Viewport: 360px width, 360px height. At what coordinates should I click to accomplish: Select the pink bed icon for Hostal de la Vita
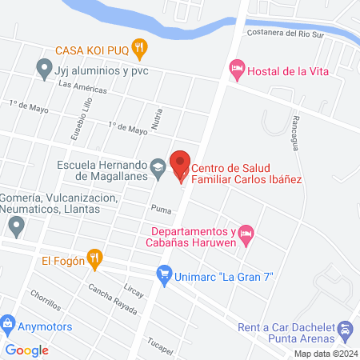click(236, 70)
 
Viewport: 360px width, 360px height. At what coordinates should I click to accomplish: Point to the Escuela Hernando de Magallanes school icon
click(158, 166)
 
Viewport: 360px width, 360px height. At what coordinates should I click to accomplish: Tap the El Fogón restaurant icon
click(95, 258)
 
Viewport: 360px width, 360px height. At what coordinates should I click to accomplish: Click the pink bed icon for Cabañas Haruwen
click(246, 233)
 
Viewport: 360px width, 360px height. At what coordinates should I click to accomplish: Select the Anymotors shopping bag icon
click(8, 326)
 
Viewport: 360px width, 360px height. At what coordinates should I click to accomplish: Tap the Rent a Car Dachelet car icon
click(345, 329)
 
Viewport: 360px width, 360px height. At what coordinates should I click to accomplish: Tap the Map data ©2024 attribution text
click(324, 354)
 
